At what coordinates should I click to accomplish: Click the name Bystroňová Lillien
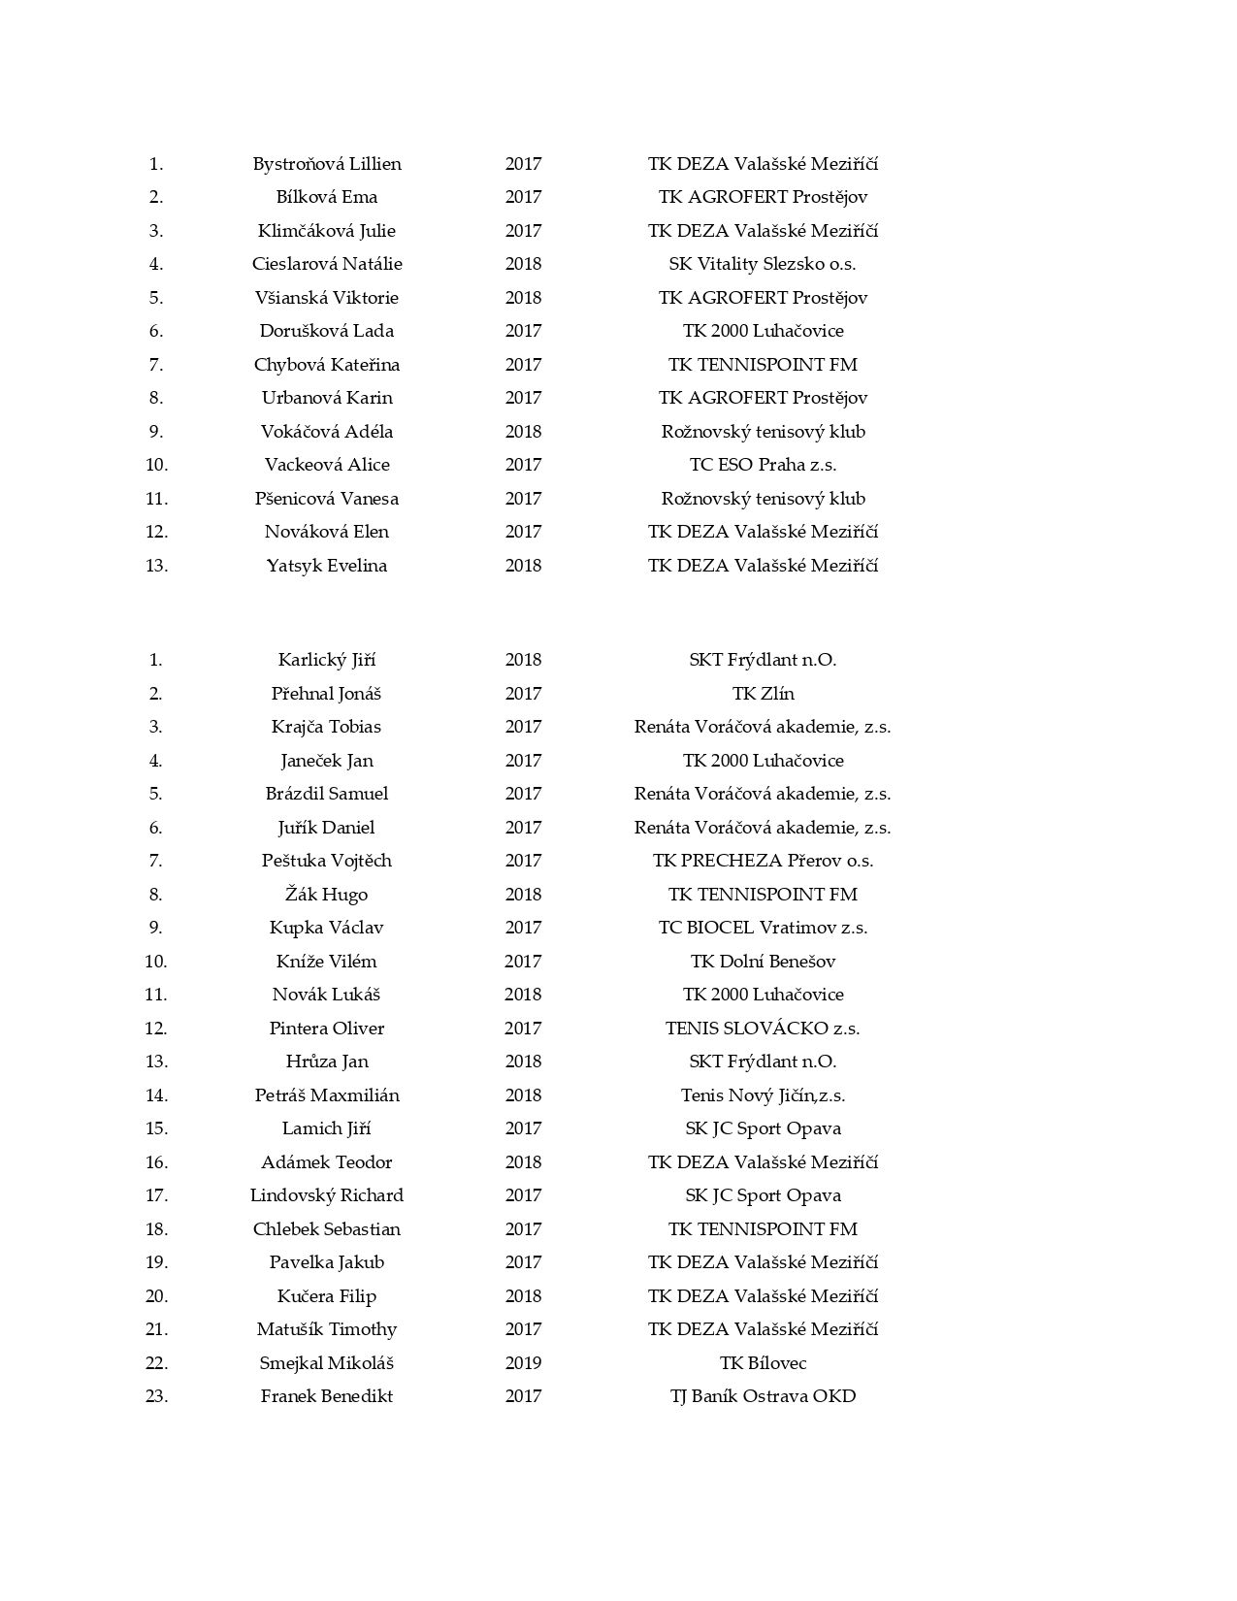(x=327, y=164)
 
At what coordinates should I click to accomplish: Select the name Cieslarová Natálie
(x=327, y=264)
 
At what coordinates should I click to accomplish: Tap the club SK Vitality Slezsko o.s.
(x=763, y=264)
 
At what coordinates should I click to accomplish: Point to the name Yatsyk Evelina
(x=327, y=566)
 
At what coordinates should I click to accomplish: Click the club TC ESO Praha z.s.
(x=763, y=465)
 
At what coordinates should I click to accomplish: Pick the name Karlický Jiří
(x=327, y=660)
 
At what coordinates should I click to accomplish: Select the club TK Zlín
(x=763, y=694)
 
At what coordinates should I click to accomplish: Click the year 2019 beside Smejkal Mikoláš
(x=523, y=1363)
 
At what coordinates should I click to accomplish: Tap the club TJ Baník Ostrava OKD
(x=763, y=1396)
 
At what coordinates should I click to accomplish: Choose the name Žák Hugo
(x=327, y=895)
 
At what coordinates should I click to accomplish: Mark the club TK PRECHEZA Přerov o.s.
(x=763, y=861)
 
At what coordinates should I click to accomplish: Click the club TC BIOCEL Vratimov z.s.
(x=763, y=928)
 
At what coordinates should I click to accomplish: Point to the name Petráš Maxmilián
(x=327, y=1095)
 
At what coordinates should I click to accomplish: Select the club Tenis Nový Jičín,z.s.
(x=763, y=1095)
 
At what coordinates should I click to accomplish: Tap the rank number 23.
(x=156, y=1396)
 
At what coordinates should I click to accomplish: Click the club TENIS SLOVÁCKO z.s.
(x=763, y=1029)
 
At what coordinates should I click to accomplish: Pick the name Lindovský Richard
(x=327, y=1195)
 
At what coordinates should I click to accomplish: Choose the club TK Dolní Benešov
(x=763, y=962)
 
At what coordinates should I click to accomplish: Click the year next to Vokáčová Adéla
(x=523, y=432)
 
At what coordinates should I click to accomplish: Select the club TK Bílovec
(x=763, y=1363)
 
